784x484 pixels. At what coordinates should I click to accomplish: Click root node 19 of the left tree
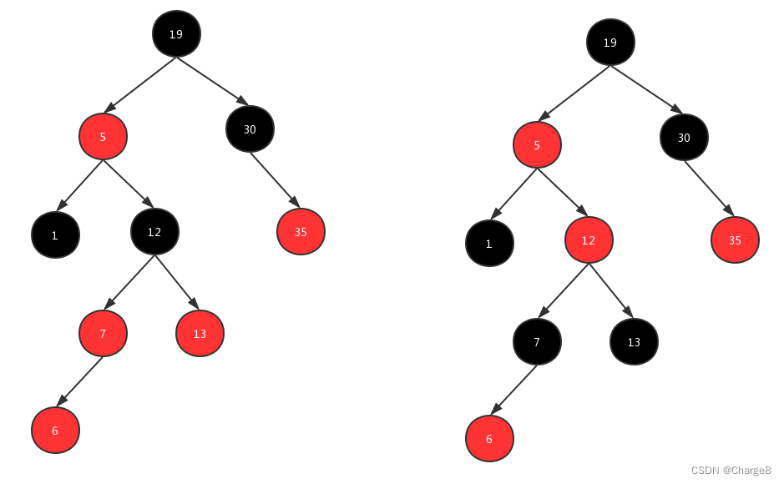[x=176, y=34]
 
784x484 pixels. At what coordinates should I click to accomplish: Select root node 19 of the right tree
[x=610, y=42]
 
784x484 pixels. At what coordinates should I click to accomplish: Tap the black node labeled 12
[x=154, y=231]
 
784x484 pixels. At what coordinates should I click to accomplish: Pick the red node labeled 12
[x=589, y=240]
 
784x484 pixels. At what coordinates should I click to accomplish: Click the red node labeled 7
[x=103, y=333]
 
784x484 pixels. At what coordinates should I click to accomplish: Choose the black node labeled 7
[x=537, y=341]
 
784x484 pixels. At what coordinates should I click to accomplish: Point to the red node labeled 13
[x=200, y=333]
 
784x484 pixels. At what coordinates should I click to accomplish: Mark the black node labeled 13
[x=634, y=341]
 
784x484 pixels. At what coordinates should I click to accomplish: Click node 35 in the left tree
[x=301, y=231]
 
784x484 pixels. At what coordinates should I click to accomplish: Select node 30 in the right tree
[x=684, y=137]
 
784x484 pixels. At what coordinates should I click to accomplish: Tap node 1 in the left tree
[x=55, y=235]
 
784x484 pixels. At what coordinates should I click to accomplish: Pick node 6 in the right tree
[x=489, y=438]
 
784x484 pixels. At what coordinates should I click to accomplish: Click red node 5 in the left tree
[x=103, y=136]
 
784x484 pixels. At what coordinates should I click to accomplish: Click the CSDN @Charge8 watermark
[x=731, y=471]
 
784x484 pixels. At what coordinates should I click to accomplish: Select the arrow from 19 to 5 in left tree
[x=139, y=83]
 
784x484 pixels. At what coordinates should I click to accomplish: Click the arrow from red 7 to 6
[x=79, y=381]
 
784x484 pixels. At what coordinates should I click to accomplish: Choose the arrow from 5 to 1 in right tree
[x=513, y=194]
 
